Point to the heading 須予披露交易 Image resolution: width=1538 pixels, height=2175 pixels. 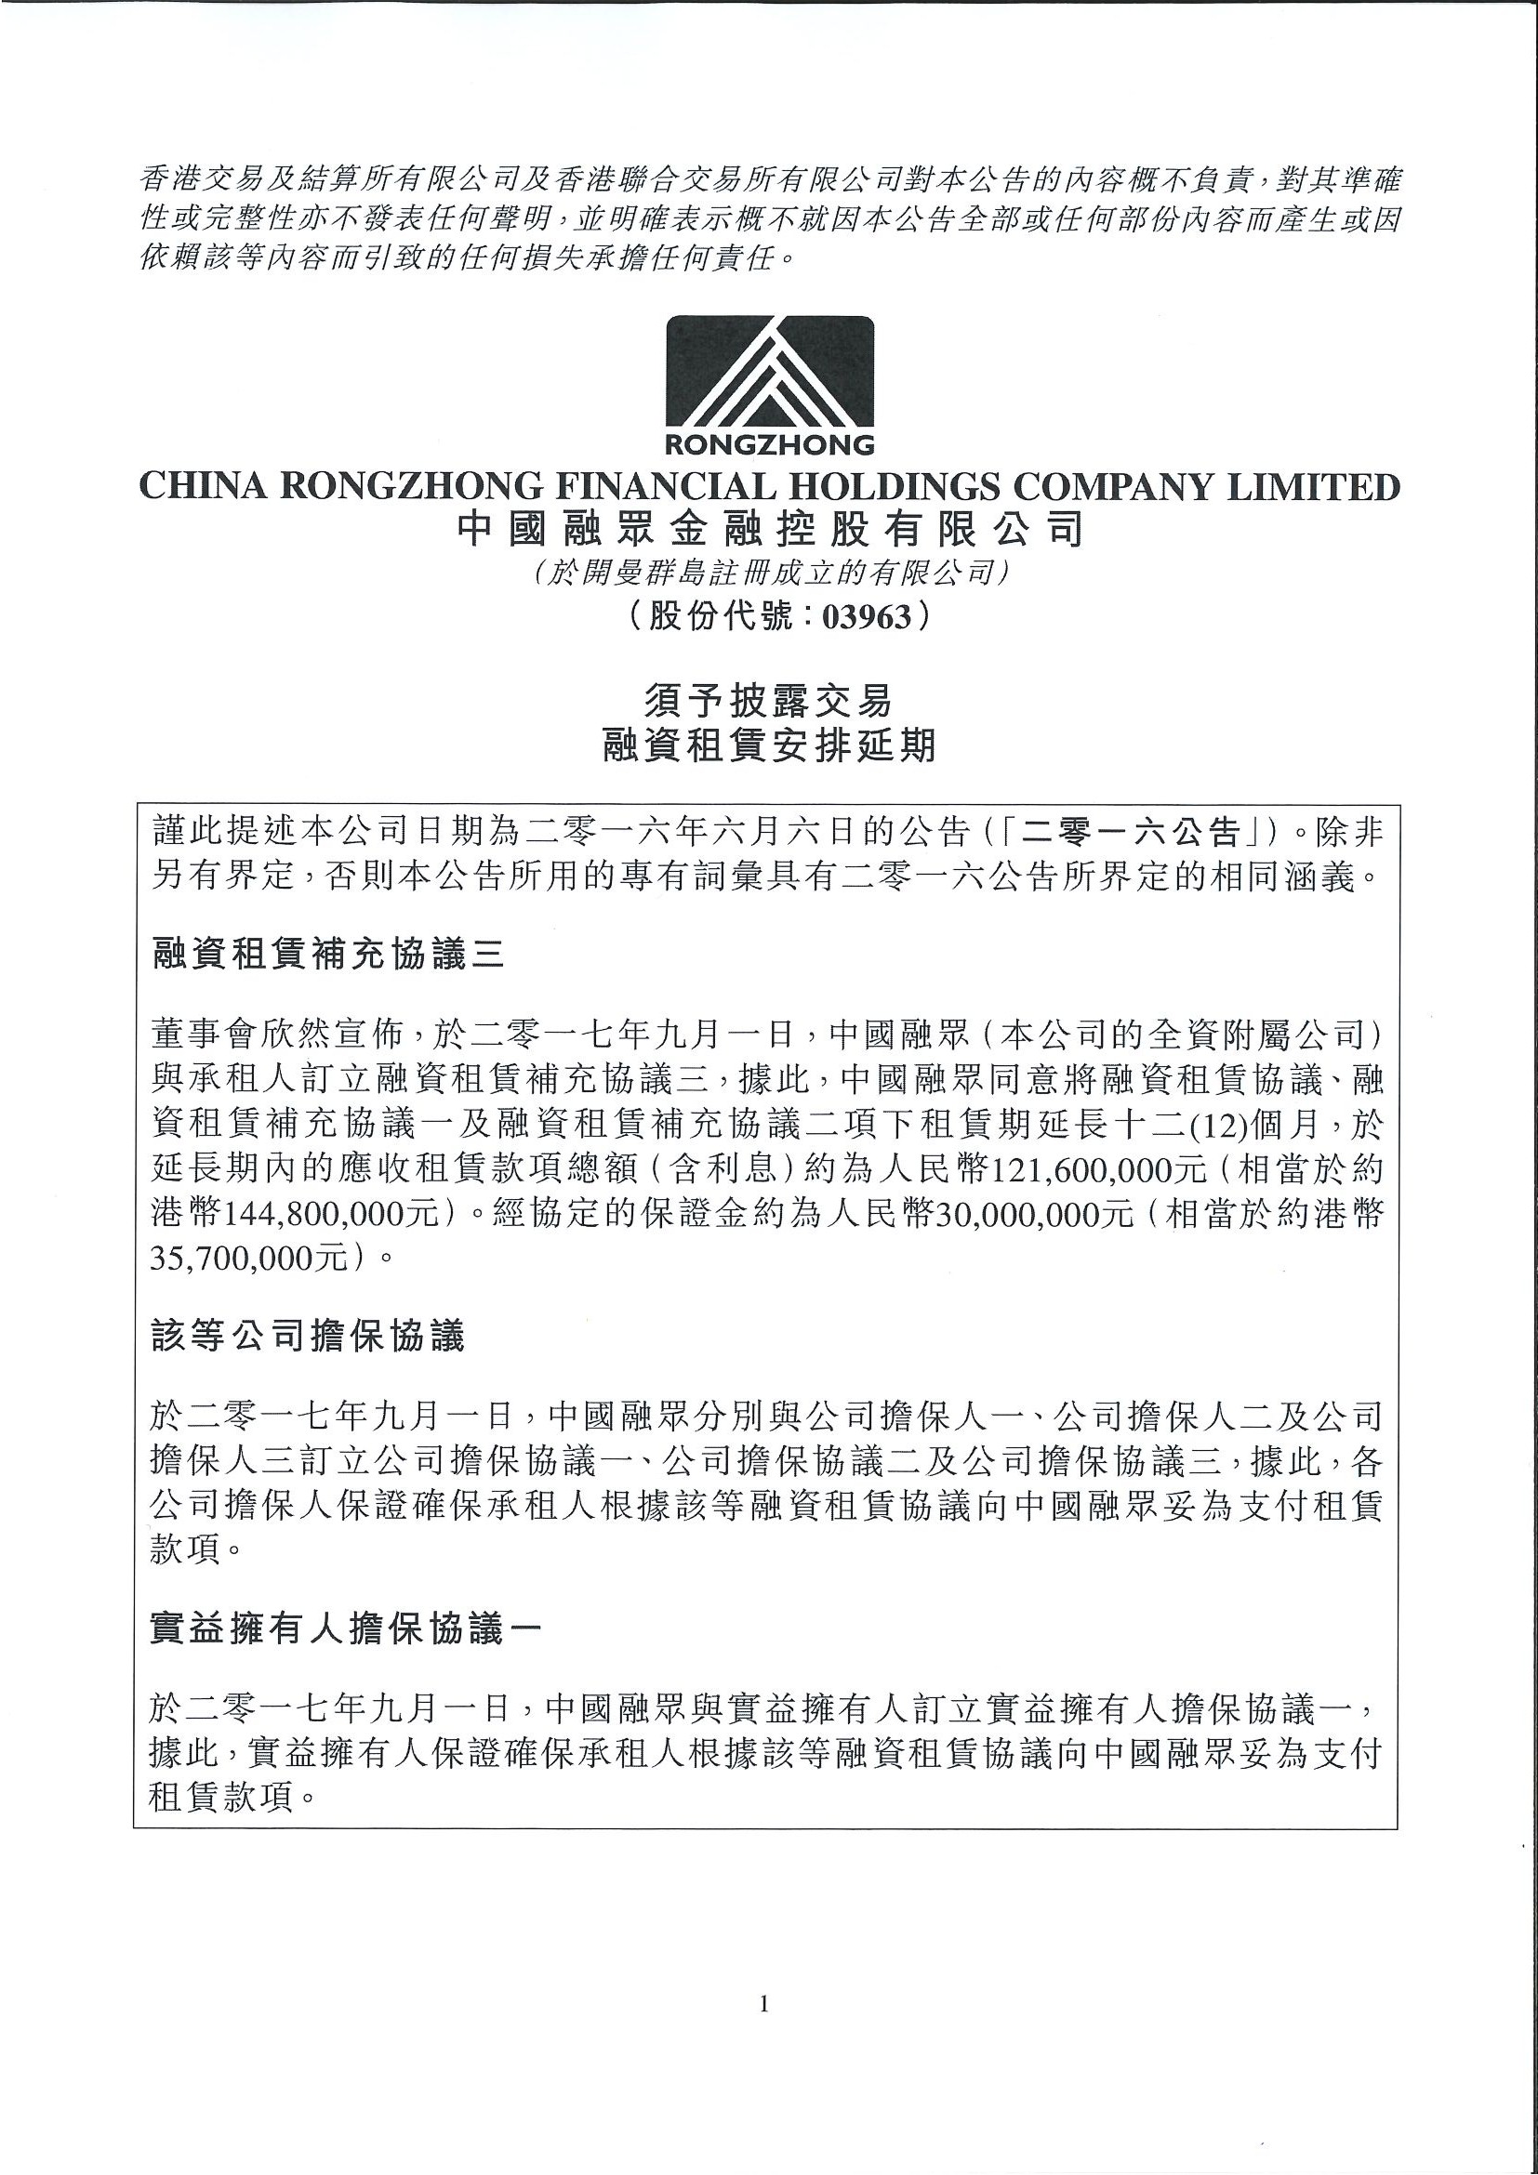tap(768, 701)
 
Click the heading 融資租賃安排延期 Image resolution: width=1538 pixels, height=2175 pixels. tap(768, 745)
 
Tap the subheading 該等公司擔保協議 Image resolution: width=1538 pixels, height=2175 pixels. tap(309, 1337)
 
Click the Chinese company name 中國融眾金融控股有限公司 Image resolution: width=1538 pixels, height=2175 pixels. tap(768, 530)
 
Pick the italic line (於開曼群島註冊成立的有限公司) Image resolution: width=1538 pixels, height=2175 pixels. tap(768, 573)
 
